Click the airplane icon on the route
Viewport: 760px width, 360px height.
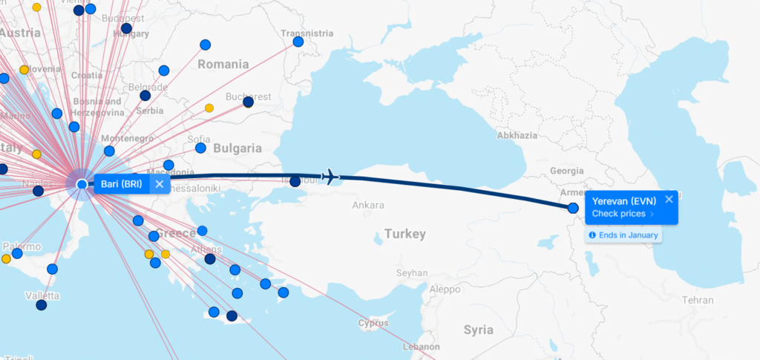330,177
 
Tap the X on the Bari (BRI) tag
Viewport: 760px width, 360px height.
159,184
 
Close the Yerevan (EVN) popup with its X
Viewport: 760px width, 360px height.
669,199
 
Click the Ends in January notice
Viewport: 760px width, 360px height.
623,235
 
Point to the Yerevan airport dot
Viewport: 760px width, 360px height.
573,208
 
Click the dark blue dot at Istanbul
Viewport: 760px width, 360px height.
295,181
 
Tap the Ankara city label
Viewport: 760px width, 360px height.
368,205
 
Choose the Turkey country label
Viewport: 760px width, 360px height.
405,235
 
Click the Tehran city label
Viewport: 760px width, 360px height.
698,301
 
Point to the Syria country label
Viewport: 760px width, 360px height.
478,330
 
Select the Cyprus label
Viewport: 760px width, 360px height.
373,323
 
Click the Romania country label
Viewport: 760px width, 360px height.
223,65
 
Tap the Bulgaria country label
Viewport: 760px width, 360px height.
237,148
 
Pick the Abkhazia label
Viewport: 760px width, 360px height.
517,136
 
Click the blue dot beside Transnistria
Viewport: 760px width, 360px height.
298,42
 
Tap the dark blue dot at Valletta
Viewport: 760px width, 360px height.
42,305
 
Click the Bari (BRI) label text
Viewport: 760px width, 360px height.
120,184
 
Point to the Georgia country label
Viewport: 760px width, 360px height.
568,171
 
